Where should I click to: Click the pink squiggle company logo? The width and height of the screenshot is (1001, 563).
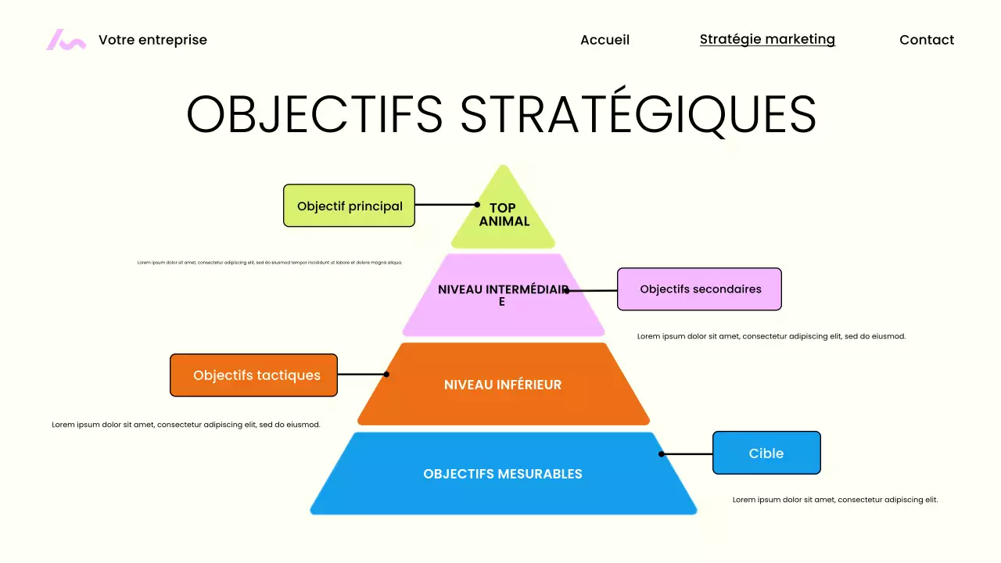(66, 40)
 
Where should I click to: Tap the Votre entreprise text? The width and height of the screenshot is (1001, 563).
(152, 40)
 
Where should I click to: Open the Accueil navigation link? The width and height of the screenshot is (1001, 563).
(605, 40)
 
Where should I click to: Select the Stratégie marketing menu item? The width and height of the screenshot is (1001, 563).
(767, 39)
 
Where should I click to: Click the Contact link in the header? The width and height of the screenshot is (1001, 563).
(927, 40)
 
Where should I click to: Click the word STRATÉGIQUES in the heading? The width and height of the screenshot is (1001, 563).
(638, 114)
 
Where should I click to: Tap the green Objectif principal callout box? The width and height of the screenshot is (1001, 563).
(349, 206)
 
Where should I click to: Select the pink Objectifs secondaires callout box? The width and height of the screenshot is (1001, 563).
(700, 289)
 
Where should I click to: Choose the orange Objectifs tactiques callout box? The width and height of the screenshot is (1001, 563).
(254, 375)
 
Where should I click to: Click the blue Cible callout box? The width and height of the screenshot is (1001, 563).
(766, 454)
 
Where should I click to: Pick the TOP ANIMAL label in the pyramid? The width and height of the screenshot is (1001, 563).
(504, 214)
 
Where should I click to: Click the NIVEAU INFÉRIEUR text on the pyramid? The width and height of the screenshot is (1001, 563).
(503, 385)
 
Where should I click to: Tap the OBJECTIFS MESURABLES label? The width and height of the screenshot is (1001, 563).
(503, 474)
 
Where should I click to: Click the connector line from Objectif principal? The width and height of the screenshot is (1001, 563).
(446, 205)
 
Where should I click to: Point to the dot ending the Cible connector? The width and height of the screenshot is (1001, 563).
(662, 454)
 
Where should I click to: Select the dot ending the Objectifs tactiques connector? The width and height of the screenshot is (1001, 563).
(386, 375)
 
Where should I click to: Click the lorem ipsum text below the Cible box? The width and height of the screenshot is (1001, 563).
(835, 500)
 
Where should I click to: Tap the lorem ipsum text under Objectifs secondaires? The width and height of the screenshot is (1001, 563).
(771, 336)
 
